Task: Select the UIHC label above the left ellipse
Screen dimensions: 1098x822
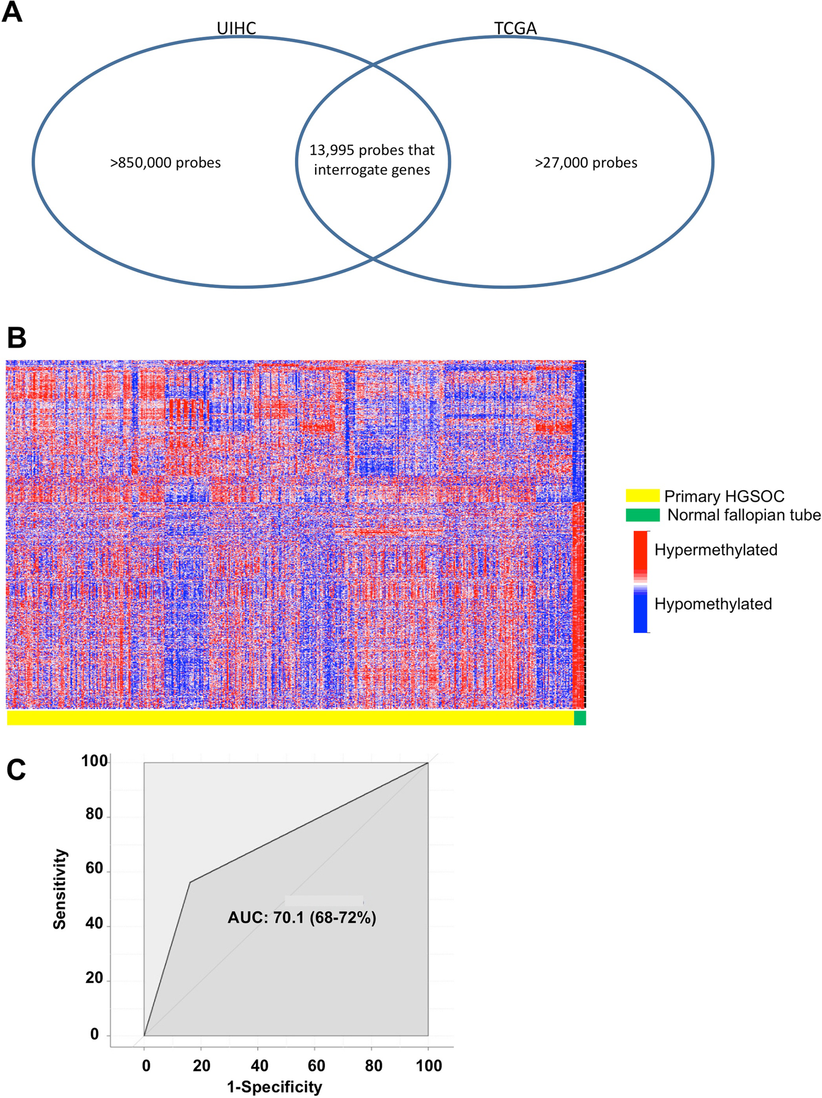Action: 236,28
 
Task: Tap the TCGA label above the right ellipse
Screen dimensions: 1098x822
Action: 515,28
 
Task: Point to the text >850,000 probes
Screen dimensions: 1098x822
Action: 165,163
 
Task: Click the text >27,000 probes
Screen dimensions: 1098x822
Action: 586,163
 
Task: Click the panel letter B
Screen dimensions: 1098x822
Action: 16,337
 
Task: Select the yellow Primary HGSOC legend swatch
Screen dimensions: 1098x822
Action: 642,496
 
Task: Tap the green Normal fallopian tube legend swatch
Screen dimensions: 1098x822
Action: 642,515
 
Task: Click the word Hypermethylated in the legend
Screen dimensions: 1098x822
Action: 716,550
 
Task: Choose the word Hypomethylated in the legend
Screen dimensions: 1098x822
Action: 713,604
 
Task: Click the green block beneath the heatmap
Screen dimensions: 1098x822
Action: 580,718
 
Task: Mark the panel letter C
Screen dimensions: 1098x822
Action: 16,770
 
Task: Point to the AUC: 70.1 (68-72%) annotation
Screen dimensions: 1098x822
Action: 302,917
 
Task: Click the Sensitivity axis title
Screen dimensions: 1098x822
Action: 60,889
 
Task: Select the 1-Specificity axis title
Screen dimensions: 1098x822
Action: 274,1086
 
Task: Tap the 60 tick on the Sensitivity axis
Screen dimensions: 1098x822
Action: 94,869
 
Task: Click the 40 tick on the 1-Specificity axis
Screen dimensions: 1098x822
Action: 260,1066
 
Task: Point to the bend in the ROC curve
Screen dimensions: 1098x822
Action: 190,882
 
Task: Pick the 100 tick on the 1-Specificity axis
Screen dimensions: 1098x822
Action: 429,1066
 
